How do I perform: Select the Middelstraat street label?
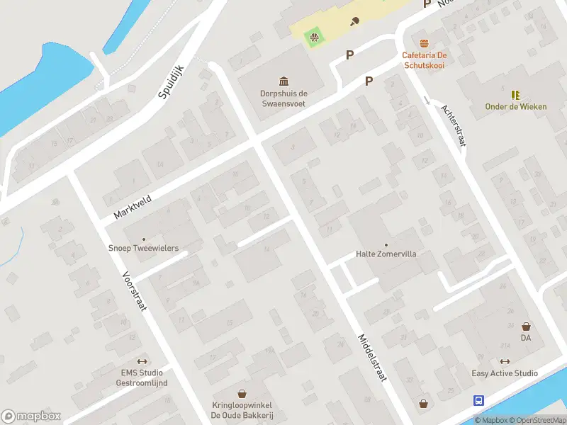[x=372, y=358]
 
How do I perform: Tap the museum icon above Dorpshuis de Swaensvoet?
[x=283, y=81]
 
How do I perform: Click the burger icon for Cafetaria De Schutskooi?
[x=424, y=43]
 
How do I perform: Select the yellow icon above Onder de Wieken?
[x=515, y=94]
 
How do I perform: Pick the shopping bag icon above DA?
[x=526, y=327]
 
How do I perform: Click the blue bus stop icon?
[x=479, y=400]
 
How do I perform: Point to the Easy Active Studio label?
[x=505, y=373]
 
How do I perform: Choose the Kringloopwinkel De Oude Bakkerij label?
[x=242, y=410]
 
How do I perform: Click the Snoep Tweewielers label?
[x=143, y=248]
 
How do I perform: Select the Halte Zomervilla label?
[x=386, y=254]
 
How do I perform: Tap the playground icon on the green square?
[x=313, y=35]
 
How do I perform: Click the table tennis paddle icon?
[x=354, y=21]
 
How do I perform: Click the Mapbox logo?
[x=31, y=416]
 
